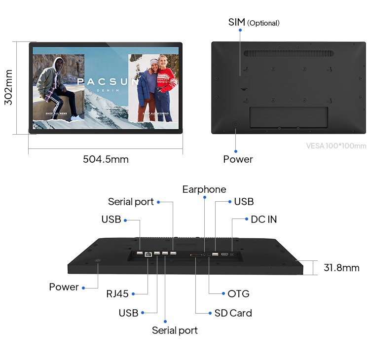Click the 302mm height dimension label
click(8, 87)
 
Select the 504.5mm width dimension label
click(106, 159)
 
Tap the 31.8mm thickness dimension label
click(341, 268)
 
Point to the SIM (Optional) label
click(254, 22)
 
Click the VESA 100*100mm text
click(336, 146)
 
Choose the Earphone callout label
click(204, 189)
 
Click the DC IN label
click(263, 219)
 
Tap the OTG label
click(238, 294)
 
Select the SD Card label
click(233, 313)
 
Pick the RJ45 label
click(117, 294)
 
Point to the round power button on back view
click(235, 125)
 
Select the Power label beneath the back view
click(238, 159)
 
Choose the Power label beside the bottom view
click(64, 287)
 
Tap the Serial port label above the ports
click(131, 202)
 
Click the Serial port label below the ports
click(175, 330)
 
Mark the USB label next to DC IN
click(244, 202)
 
